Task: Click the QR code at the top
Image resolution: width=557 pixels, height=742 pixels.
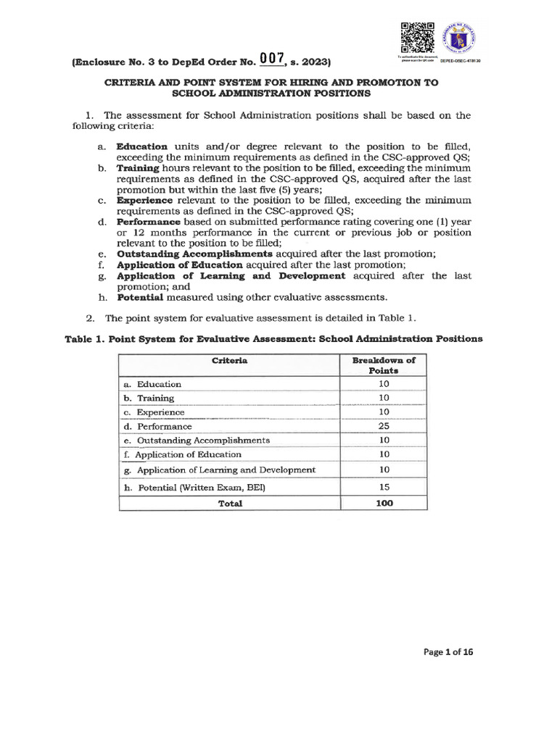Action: point(416,37)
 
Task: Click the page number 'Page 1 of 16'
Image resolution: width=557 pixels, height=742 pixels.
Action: point(448,651)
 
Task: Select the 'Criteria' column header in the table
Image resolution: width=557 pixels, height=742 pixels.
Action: point(229,360)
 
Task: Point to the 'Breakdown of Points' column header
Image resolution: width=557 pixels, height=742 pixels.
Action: point(384,364)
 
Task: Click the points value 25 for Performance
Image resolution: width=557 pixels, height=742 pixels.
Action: point(384,426)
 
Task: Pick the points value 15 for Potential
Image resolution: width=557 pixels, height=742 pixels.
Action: point(384,488)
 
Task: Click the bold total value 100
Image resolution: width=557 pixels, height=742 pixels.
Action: point(384,503)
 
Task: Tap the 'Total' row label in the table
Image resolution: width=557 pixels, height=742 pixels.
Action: point(230,504)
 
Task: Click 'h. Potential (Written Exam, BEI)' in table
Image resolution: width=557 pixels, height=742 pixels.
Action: point(194,488)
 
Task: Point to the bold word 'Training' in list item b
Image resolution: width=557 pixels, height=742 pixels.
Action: point(138,168)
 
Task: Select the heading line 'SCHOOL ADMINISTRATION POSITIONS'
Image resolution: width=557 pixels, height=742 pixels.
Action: point(271,93)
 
